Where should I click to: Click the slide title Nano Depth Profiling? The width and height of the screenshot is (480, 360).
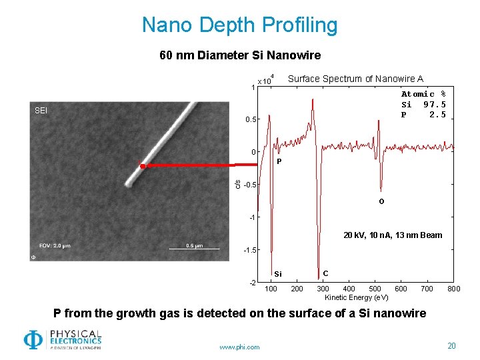click(x=239, y=25)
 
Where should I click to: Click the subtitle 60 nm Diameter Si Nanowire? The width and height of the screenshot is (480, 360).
click(x=240, y=55)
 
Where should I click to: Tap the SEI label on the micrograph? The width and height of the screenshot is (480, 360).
click(x=41, y=110)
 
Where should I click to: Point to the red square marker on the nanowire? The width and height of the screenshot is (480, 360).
click(x=142, y=165)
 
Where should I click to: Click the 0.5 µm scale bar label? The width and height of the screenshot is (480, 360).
click(x=194, y=245)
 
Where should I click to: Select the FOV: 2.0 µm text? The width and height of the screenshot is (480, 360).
click(x=55, y=245)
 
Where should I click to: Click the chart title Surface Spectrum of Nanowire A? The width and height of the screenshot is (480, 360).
click(x=355, y=79)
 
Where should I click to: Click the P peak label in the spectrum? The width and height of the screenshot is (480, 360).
click(x=279, y=161)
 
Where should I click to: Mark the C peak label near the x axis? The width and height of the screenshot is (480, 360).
click(x=325, y=273)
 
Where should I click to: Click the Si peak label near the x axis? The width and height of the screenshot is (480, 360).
click(x=278, y=274)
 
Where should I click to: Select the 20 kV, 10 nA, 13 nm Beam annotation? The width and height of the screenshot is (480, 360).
click(x=393, y=235)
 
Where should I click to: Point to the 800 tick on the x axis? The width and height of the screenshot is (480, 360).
click(x=453, y=289)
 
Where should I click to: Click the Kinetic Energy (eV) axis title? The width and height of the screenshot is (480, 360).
click(x=357, y=297)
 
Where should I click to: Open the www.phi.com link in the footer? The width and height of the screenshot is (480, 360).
click(x=239, y=347)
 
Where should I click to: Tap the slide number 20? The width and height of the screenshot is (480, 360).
click(x=451, y=346)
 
